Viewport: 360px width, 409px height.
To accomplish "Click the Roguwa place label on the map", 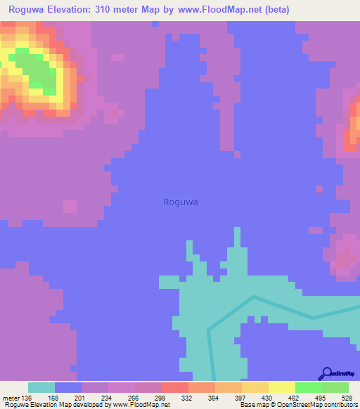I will tap(181, 202).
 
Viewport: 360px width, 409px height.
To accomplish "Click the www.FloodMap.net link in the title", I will tap(219, 10).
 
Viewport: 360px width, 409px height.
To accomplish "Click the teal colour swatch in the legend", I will tap(41, 387).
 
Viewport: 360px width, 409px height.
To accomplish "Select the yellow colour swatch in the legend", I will tap(282, 387).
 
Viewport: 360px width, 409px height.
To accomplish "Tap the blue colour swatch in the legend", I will tap(68, 387).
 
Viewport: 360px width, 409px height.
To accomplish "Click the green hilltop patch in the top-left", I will tap(35, 70).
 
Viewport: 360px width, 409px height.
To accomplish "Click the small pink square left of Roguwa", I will tap(70, 206).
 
